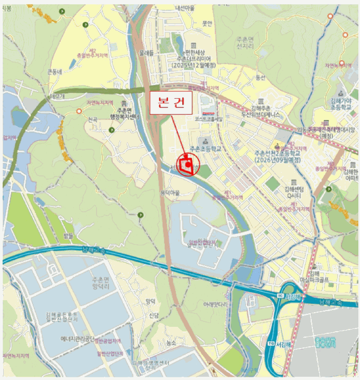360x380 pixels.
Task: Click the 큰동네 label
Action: (x=55, y=72)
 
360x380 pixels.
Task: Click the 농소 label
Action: (x=171, y=343)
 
